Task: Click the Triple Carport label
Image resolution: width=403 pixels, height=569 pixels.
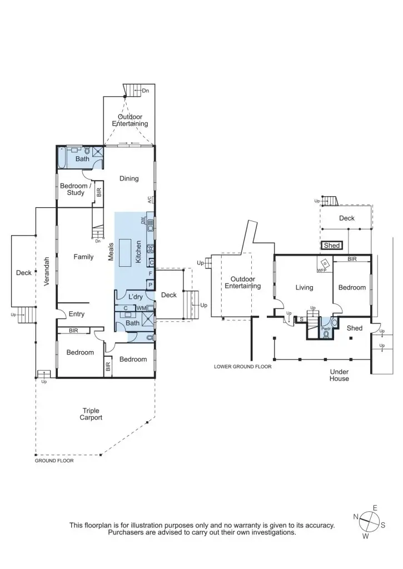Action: coord(91,414)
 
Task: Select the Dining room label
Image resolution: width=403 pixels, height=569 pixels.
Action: coord(129,178)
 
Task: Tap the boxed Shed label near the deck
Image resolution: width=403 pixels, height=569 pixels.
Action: coord(331,245)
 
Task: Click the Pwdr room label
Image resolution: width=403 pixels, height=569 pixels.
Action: coord(326,328)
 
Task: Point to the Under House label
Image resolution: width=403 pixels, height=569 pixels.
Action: coord(339,375)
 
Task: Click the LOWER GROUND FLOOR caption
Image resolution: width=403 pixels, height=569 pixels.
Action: coord(242,367)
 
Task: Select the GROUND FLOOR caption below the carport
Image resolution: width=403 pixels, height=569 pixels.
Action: coord(54,461)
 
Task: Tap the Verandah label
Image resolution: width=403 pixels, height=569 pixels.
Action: coord(47,271)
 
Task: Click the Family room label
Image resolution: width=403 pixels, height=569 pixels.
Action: coord(83,257)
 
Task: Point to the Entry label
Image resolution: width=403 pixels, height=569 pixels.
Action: coord(76,314)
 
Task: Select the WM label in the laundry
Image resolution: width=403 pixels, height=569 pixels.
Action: coord(141,308)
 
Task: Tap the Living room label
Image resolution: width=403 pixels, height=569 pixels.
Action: coord(304,287)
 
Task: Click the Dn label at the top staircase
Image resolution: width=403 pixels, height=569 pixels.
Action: coord(146,90)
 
